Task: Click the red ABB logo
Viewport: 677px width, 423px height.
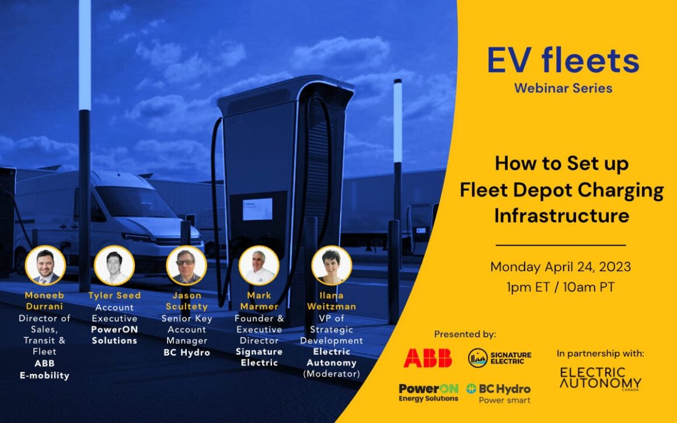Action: click(x=428, y=358)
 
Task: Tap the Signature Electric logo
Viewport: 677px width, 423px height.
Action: click(x=500, y=358)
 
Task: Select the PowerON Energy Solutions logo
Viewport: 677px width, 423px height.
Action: click(x=428, y=392)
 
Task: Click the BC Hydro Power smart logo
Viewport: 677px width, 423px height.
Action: click(x=498, y=393)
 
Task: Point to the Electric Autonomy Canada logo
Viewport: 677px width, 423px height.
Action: click(x=601, y=379)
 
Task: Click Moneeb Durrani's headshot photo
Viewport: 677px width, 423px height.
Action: click(x=45, y=266)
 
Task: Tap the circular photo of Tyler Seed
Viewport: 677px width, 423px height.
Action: click(x=114, y=265)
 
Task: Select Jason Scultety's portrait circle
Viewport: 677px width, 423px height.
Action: click(x=186, y=266)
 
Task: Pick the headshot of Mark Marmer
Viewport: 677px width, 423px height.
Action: click(x=259, y=266)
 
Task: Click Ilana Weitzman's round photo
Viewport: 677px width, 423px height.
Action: click(x=331, y=266)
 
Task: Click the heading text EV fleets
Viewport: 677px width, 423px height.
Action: click(x=563, y=62)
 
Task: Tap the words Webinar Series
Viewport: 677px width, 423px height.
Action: click(x=563, y=89)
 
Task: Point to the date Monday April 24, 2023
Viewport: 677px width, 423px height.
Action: click(x=560, y=267)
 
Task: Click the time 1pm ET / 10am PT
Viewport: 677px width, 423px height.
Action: click(x=560, y=286)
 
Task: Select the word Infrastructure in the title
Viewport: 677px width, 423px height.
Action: click(x=561, y=215)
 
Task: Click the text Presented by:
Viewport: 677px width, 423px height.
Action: click(x=465, y=334)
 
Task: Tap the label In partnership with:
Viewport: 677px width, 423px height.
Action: click(x=601, y=353)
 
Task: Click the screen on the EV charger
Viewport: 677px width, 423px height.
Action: click(x=257, y=209)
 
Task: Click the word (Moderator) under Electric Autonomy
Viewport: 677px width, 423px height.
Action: click(x=331, y=373)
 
